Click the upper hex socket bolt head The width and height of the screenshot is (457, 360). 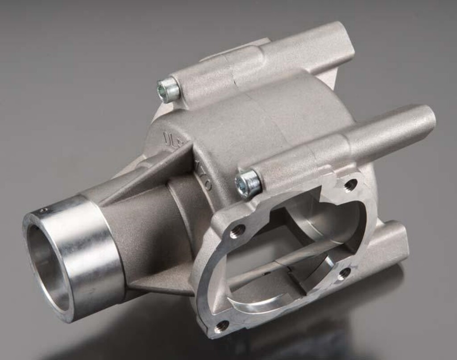coord(168,90)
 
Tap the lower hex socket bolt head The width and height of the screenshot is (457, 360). coord(248,183)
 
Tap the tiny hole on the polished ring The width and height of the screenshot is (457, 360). coord(43,210)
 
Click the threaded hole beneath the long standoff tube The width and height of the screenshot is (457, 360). coord(350,184)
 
